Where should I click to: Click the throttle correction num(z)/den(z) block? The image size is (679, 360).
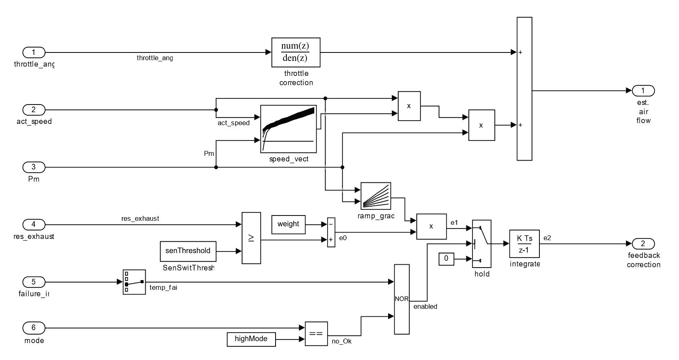(296, 52)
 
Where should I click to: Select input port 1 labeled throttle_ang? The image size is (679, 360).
(33, 52)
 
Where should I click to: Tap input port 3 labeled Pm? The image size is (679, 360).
(33, 167)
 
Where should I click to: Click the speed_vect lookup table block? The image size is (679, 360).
(288, 129)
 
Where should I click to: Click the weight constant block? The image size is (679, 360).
(288, 224)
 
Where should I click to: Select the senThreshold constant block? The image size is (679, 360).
(188, 251)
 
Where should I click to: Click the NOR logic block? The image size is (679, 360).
(401, 299)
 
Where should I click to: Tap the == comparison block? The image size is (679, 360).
(316, 334)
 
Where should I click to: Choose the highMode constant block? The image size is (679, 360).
(251, 339)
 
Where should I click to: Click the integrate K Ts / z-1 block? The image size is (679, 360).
(524, 244)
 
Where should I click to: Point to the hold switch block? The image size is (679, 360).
(481, 244)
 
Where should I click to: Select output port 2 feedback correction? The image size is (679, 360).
(643, 243)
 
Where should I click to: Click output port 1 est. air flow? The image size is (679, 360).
(643, 91)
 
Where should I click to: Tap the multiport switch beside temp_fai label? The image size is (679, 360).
(134, 282)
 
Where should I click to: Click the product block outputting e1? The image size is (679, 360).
(431, 226)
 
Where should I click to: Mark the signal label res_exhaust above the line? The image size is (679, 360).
(140, 219)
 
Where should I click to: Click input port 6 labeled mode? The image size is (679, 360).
(33, 328)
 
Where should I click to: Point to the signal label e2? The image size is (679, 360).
(547, 238)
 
